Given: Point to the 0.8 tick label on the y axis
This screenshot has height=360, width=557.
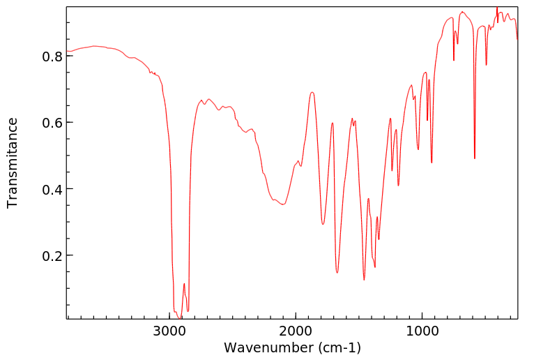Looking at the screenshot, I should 53,56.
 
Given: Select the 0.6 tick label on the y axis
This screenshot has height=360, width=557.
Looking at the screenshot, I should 53,123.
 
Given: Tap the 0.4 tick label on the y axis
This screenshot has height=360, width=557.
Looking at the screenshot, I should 53,189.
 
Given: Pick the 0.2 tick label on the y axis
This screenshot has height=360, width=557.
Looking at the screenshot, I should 53,256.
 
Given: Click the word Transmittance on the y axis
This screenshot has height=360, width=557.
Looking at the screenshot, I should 13,163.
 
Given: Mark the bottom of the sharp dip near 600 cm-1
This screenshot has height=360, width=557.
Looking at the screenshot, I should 475,158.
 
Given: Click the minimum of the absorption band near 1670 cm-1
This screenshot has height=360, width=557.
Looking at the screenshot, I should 337,273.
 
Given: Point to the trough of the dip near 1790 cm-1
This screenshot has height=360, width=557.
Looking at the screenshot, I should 323,224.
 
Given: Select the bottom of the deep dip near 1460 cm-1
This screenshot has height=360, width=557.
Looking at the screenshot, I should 364,280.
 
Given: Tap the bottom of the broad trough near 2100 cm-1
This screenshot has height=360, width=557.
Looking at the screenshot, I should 283,204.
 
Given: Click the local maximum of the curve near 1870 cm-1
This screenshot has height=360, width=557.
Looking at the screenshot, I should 312,92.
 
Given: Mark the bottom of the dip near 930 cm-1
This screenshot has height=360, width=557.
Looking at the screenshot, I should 432,163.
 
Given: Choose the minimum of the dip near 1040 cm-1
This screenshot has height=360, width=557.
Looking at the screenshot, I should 418,149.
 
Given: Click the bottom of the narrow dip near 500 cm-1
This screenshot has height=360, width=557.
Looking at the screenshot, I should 487,65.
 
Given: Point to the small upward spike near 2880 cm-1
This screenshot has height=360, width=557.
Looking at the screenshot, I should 184,283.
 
